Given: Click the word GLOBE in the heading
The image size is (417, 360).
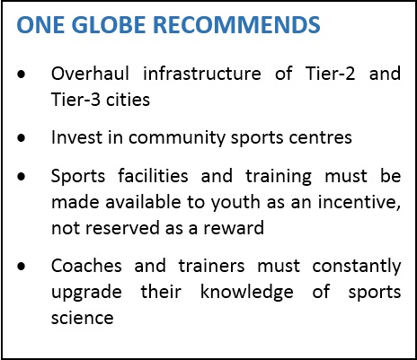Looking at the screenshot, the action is (x=109, y=24).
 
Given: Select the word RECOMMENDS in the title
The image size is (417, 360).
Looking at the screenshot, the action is (x=236, y=24).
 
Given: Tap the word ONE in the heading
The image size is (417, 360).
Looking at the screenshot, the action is (x=40, y=24).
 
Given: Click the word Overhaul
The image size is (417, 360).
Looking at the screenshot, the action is (x=90, y=74).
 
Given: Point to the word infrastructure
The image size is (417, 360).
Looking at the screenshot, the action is (x=202, y=74).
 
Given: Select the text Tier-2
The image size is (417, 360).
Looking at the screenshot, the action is (x=330, y=74).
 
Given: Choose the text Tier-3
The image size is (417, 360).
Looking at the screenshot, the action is (x=75, y=100).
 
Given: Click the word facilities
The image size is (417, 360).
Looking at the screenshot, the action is (x=153, y=176).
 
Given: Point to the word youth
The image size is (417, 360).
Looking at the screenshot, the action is (x=235, y=203).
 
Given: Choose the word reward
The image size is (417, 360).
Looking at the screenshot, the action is (x=234, y=228).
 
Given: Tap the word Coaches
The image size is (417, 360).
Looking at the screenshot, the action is (x=86, y=266).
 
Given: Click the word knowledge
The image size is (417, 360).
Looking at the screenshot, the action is (x=247, y=293).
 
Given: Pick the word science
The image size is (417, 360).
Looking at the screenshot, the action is (x=83, y=318).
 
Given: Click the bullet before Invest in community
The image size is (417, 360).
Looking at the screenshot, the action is (x=22, y=138).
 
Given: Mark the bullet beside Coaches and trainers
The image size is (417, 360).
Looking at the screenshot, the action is (x=22, y=266).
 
